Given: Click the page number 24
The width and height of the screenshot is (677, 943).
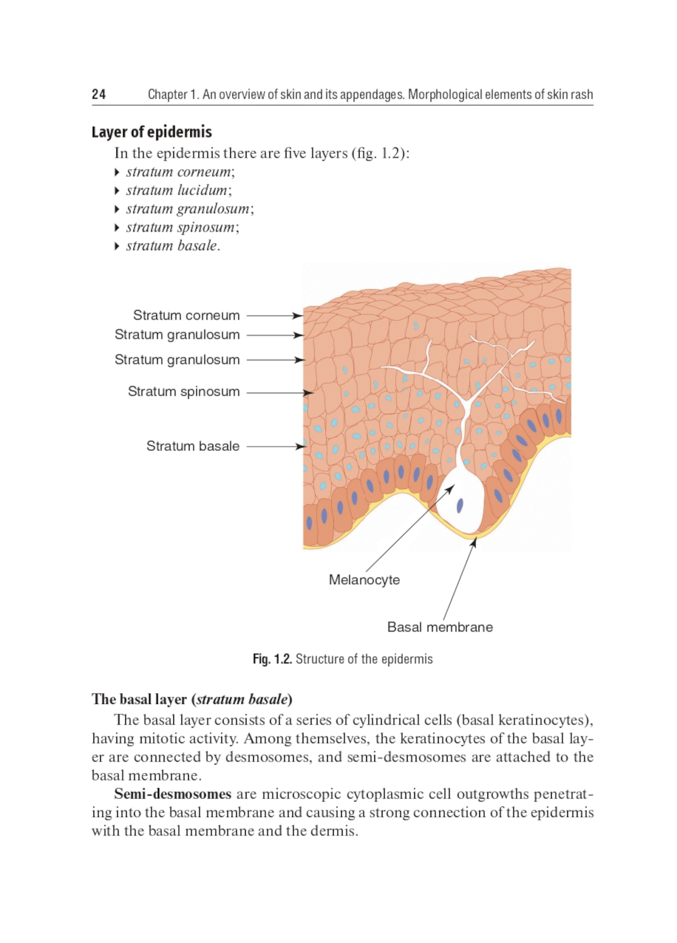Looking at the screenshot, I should (99, 94).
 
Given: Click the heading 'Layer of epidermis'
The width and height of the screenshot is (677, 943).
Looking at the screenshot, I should (152, 132).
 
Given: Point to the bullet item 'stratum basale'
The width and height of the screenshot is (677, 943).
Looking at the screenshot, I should (172, 246).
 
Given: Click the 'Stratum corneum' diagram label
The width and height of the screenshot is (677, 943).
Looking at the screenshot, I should (186, 315).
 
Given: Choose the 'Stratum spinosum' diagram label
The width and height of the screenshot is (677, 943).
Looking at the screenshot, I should (183, 391).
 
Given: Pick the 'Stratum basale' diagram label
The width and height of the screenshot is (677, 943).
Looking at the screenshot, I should (193, 446).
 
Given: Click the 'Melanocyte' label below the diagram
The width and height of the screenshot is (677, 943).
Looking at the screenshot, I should (364, 579).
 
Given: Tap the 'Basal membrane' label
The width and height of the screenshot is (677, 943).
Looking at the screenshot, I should (440, 627).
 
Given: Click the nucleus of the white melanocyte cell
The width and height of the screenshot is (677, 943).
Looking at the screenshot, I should (460, 505).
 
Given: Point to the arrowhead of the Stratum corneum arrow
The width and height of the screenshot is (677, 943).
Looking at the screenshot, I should (298, 315).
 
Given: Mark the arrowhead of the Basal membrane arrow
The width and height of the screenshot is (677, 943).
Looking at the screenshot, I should (474, 542).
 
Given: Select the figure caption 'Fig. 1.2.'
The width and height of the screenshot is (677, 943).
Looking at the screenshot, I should (272, 659).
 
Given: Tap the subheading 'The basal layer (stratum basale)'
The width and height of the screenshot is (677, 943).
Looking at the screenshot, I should (192, 699).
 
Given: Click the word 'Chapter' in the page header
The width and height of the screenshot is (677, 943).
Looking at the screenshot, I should (167, 95).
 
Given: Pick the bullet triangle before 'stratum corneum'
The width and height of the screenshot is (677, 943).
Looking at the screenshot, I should (117, 173).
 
